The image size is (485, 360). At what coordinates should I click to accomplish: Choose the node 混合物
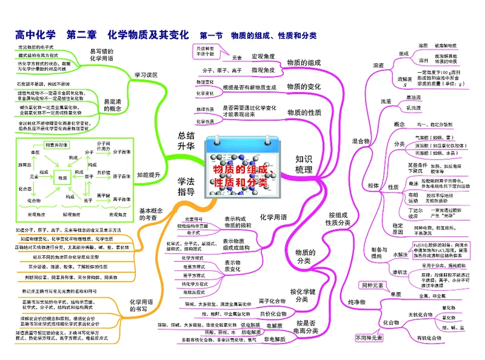(x=361, y=141)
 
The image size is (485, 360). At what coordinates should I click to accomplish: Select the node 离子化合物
(x=272, y=301)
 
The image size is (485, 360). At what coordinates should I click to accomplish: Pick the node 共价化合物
(x=272, y=314)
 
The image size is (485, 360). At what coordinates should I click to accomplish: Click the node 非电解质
(x=275, y=340)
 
